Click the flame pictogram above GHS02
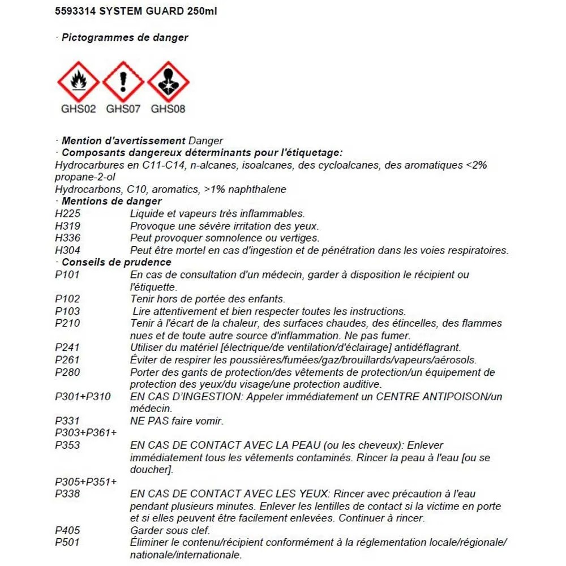(x=78, y=82)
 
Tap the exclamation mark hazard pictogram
(x=123, y=82)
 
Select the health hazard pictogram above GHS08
(x=168, y=82)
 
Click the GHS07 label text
(x=123, y=109)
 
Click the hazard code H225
(x=67, y=213)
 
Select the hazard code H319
(x=67, y=226)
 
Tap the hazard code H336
(x=67, y=238)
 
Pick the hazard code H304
(x=67, y=250)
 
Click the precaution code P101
(x=67, y=275)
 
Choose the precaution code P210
(x=67, y=323)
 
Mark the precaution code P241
(x=67, y=348)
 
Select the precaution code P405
(x=67, y=531)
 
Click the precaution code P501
(x=67, y=543)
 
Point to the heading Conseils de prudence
(x=116, y=262)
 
